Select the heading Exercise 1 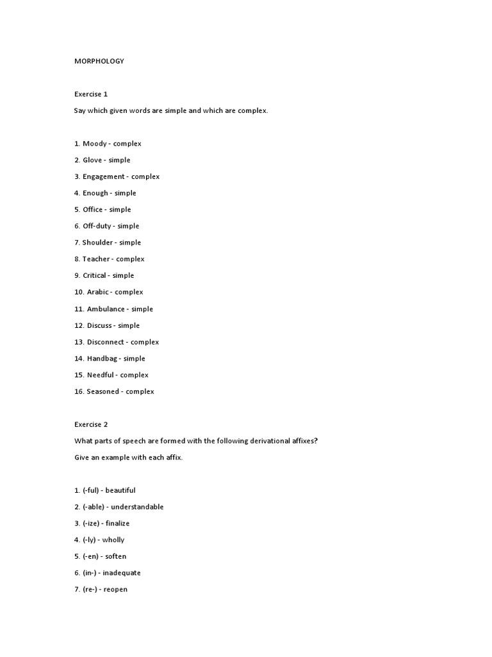point(91,94)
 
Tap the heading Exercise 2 point(91,424)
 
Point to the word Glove point(94,160)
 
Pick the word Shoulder point(97,243)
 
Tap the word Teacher point(96,259)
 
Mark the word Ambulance point(105,309)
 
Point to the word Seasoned point(103,391)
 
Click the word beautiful point(120,490)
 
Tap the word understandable point(137,507)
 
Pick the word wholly point(113,540)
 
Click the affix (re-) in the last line point(90,590)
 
